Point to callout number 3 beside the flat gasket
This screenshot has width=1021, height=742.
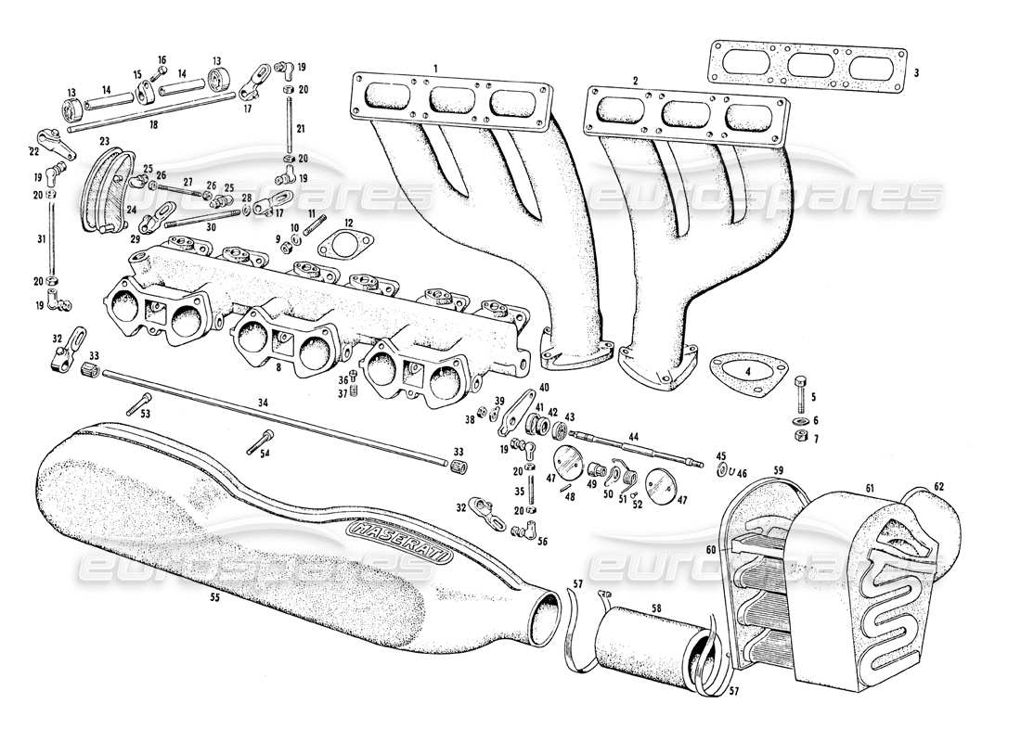[x=916, y=72]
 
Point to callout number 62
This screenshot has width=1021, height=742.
[x=938, y=485]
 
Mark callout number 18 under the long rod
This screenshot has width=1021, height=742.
[x=152, y=122]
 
